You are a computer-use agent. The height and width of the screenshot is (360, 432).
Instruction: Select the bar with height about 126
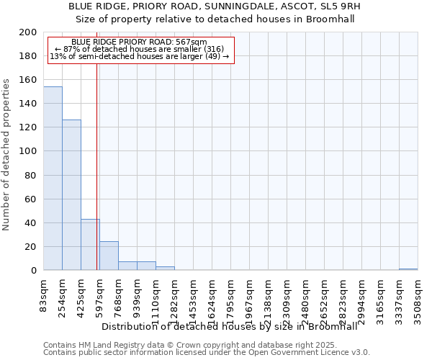pyautogui.click(x=71, y=195)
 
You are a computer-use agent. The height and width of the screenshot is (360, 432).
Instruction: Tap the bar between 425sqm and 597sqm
pyautogui.click(x=90, y=245)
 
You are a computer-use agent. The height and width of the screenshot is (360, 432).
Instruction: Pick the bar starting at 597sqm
pyautogui.click(x=109, y=256)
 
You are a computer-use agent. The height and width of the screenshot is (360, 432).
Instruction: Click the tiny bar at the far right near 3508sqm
pyautogui.click(x=408, y=269)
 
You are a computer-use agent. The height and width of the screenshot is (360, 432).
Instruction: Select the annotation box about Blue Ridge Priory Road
pyautogui.click(x=140, y=50)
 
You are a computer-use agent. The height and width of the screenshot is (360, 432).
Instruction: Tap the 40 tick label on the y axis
pyautogui.click(x=32, y=222)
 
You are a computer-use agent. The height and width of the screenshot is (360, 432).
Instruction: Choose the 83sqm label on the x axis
pyautogui.click(x=44, y=294)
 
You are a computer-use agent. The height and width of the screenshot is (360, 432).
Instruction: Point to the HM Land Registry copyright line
pyautogui.click(x=185, y=345)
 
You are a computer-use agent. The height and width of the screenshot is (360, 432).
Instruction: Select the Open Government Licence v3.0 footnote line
pyautogui.click(x=207, y=353)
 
